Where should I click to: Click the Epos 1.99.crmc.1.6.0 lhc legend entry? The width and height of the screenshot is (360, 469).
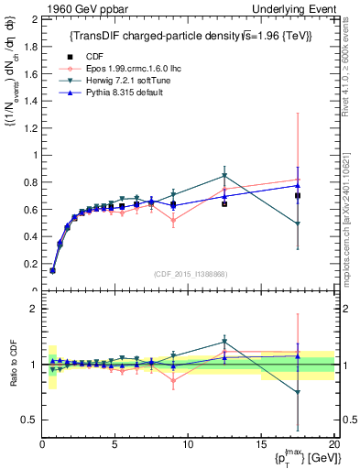tap(113, 68)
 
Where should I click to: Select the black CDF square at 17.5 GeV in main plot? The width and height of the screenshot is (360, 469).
tap(298, 196)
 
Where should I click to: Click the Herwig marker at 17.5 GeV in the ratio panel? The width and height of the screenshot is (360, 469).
tap(298, 393)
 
